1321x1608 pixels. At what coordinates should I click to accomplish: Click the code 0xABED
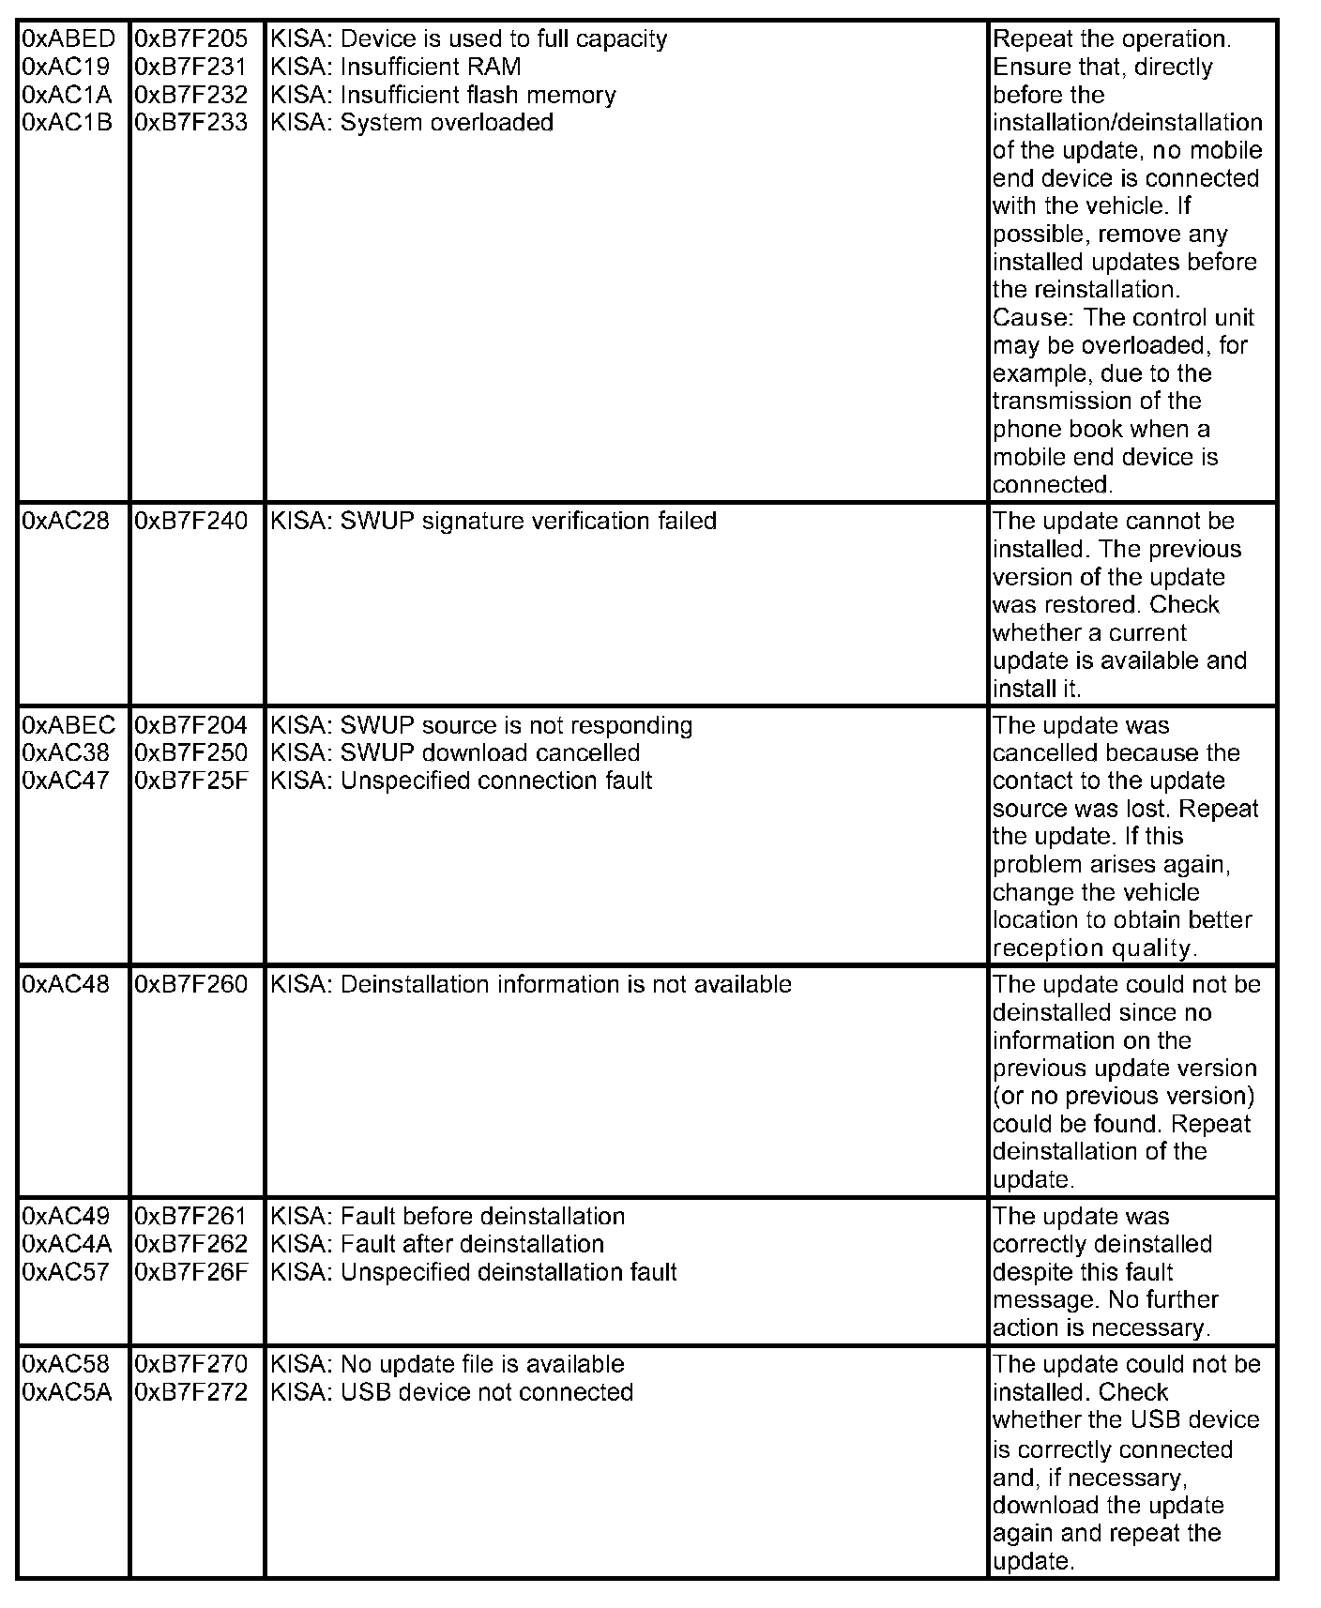pyautogui.click(x=68, y=39)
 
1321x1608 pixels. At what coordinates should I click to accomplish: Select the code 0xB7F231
pyautogui.click(x=191, y=68)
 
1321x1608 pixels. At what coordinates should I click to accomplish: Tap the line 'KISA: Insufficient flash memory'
pyautogui.click(x=443, y=96)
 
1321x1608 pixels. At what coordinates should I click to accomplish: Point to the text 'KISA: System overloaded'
pyautogui.click(x=412, y=123)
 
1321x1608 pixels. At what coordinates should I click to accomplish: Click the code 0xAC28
pyautogui.click(x=66, y=522)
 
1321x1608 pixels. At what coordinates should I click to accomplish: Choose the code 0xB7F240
pyautogui.click(x=191, y=522)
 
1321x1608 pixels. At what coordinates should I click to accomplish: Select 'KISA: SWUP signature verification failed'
pyautogui.click(x=493, y=522)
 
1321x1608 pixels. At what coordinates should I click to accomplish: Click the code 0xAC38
pyautogui.click(x=66, y=753)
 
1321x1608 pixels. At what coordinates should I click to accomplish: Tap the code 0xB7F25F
pyautogui.click(x=191, y=781)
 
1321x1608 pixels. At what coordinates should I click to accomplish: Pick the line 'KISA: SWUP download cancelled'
pyautogui.click(x=455, y=753)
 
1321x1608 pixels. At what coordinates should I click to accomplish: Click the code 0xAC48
pyautogui.click(x=66, y=985)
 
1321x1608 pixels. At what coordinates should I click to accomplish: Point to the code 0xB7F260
pyautogui.click(x=191, y=985)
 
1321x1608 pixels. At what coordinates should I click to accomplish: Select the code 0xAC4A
pyautogui.click(x=67, y=1245)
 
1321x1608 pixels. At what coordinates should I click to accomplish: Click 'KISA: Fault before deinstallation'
pyautogui.click(x=448, y=1217)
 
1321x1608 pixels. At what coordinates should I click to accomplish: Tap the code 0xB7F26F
pyautogui.click(x=191, y=1273)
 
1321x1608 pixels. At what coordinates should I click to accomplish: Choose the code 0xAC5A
pyautogui.click(x=67, y=1393)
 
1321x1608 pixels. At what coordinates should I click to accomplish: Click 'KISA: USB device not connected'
pyautogui.click(x=451, y=1393)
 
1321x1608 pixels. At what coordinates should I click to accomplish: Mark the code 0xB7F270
pyautogui.click(x=191, y=1365)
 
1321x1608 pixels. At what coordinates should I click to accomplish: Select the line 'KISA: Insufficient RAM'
pyautogui.click(x=395, y=68)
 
